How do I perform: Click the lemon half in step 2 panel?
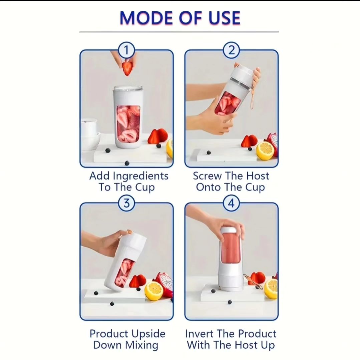(x=265, y=150)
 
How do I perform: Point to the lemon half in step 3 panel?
(x=154, y=291)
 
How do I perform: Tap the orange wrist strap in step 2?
(x=252, y=99)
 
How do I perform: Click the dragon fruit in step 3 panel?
(x=165, y=284)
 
